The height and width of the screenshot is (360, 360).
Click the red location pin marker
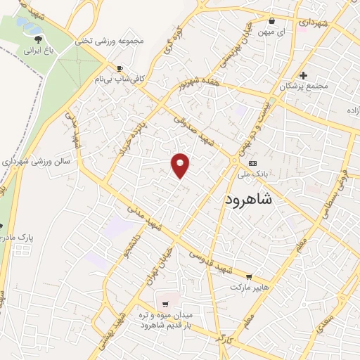pos(181,165)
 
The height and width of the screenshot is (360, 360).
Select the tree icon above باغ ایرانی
pos(38,39)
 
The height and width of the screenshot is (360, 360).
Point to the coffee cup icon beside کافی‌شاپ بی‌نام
pos(120,68)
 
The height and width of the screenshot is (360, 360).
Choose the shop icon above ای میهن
pos(272,20)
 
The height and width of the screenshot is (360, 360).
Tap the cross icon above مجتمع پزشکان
pos(303,75)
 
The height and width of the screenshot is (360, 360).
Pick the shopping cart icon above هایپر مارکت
pos(248,276)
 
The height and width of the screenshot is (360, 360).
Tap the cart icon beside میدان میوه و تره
pos(165,304)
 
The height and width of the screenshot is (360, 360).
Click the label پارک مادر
pos(18,237)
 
